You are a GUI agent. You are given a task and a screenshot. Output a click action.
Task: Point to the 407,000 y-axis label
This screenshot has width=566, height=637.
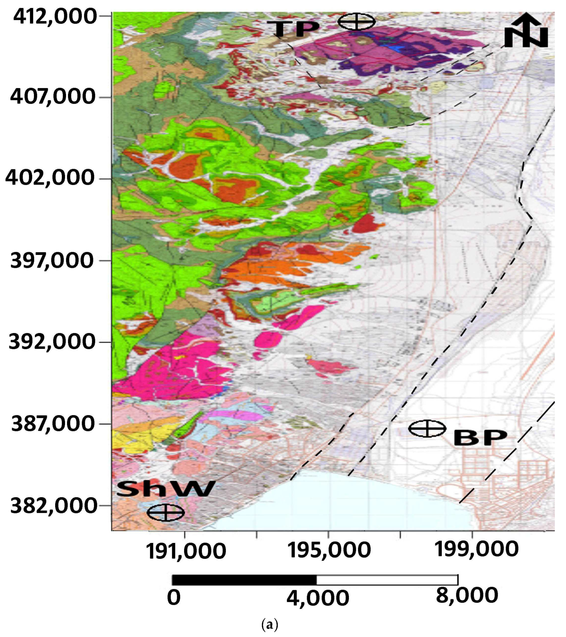53,97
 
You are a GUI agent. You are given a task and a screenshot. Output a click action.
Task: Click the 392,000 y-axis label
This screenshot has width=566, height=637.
51,342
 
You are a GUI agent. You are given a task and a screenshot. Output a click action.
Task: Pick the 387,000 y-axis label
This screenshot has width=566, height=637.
53,424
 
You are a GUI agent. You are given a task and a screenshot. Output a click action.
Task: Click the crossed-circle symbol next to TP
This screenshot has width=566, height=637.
357,22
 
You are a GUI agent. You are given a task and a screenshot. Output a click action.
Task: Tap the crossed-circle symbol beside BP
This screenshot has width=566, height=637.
427,429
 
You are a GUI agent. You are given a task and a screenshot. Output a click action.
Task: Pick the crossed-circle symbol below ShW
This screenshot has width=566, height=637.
166,513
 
